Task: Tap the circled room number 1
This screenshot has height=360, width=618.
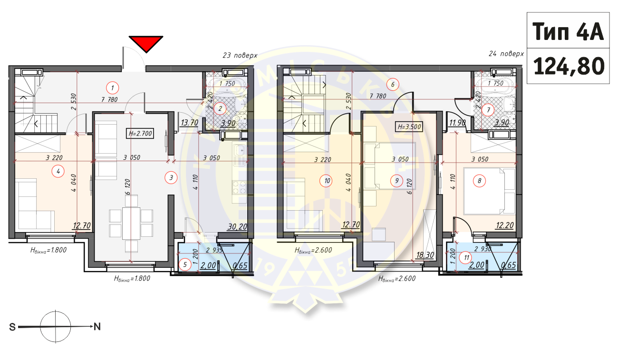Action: pyautogui.click(x=112, y=88)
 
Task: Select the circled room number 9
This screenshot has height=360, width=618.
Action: pyautogui.click(x=396, y=180)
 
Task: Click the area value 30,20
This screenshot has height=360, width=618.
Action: pyautogui.click(x=237, y=227)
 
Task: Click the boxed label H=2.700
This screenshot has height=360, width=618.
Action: pyautogui.click(x=140, y=133)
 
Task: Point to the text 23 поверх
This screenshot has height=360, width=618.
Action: pyautogui.click(x=240, y=55)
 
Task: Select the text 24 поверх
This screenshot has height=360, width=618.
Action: pyautogui.click(x=506, y=54)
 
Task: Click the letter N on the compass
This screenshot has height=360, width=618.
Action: pyautogui.click(x=97, y=326)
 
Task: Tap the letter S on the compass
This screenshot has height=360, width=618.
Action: pyautogui.click(x=13, y=327)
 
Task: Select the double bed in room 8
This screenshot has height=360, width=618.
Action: pyautogui.click(x=490, y=191)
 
